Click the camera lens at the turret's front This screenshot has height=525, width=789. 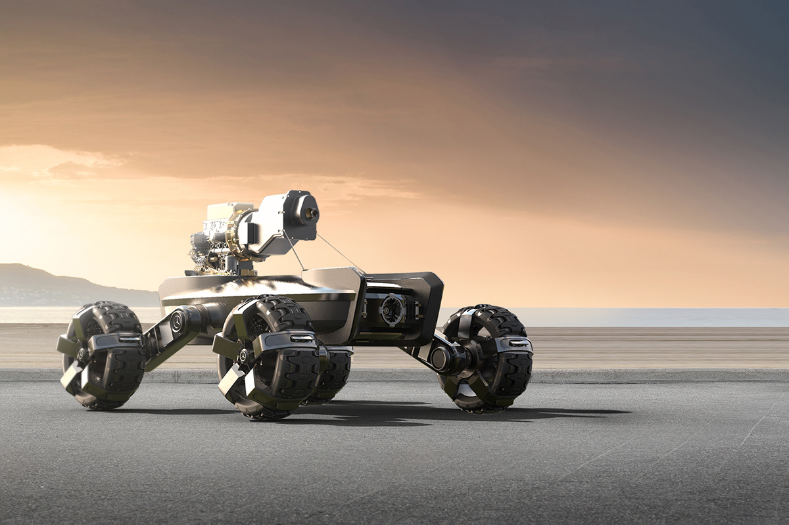coord(310,214)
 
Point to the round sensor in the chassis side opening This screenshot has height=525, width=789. coord(393,309)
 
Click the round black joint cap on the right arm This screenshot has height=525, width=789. coord(439,359)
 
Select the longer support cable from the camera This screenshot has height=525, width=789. coord(339,253)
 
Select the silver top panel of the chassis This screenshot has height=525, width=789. coord(256,286)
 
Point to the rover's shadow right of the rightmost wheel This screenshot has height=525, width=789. coord(572,412)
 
